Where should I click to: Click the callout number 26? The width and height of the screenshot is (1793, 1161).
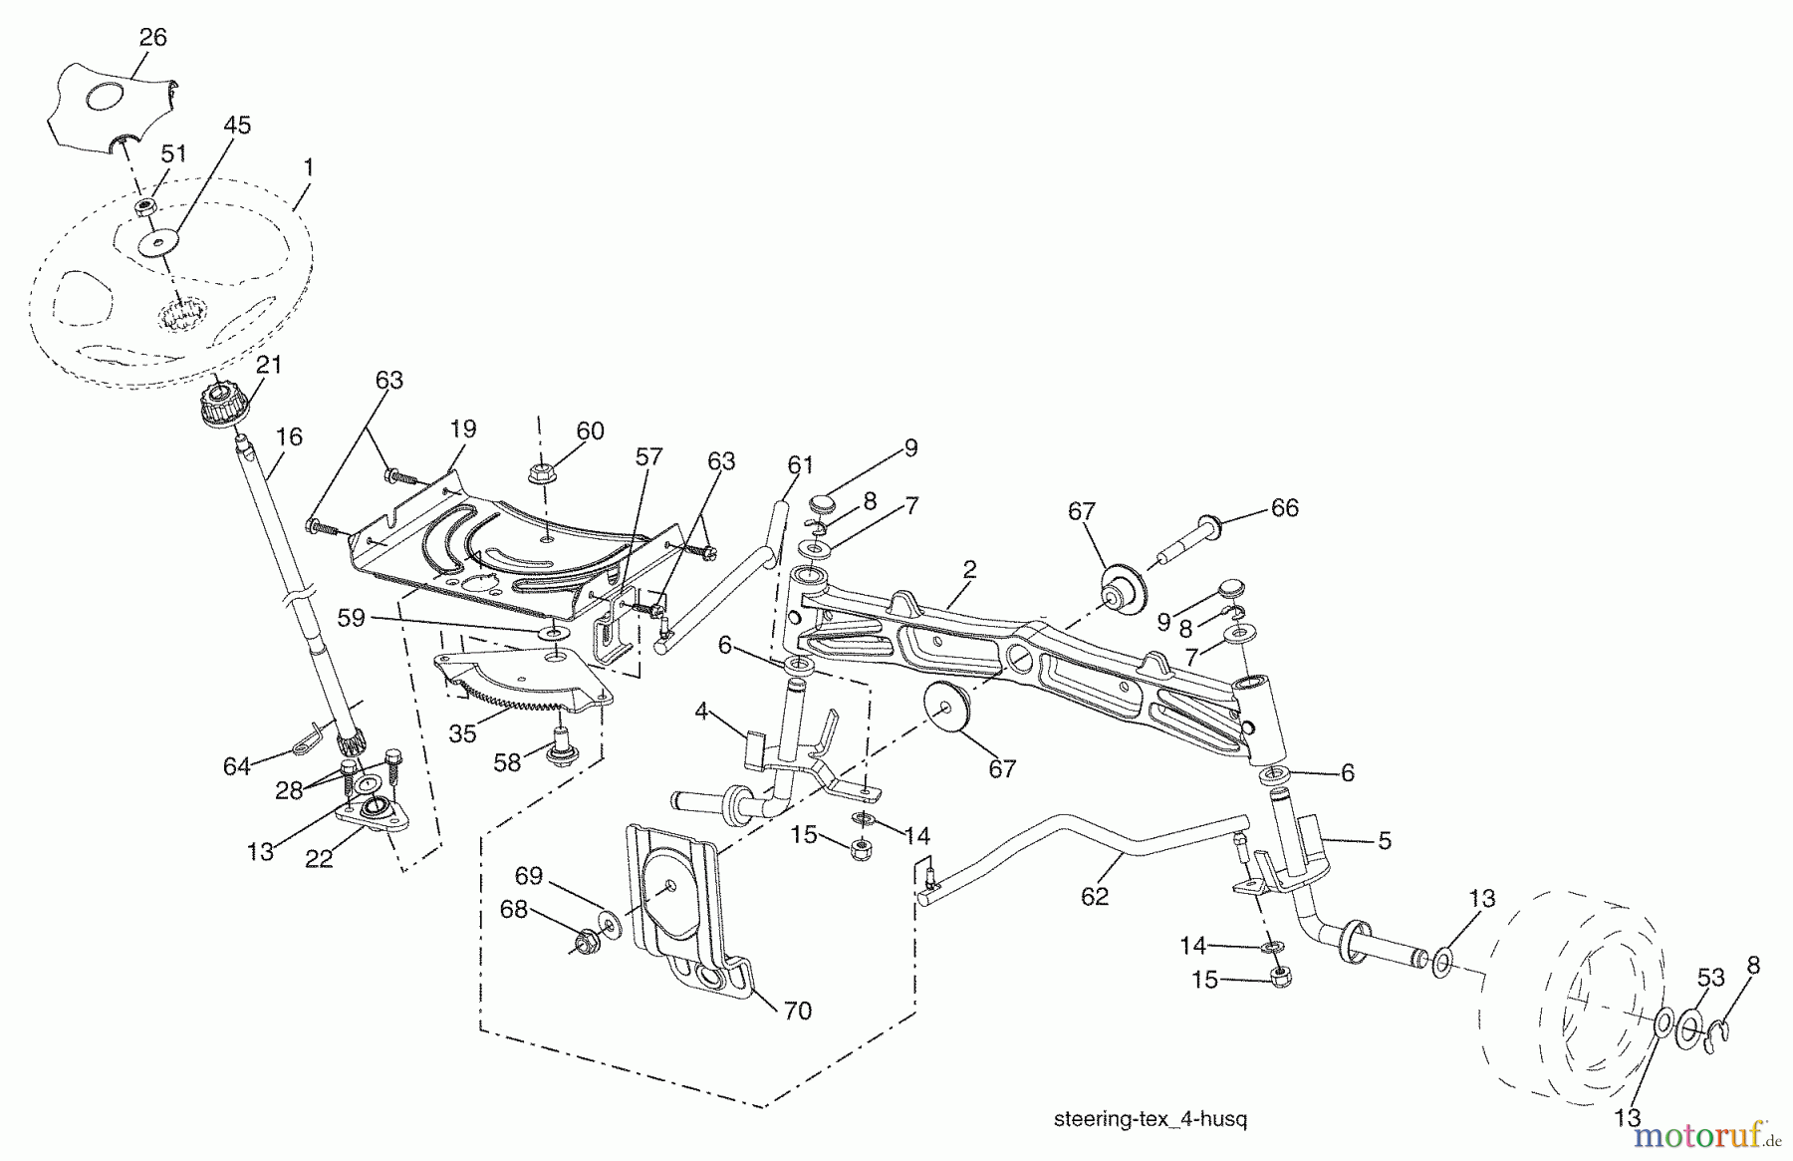pos(152,38)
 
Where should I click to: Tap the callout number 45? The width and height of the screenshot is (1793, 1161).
pos(236,126)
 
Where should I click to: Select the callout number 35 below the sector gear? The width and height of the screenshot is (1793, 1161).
pos(462,735)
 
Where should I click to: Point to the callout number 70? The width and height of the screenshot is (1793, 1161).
pos(797,1012)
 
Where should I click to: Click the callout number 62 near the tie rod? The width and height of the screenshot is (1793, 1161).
pos(1095,897)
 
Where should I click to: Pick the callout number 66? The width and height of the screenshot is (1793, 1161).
pos(1285,508)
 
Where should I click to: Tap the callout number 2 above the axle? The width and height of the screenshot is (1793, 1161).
pos(969,570)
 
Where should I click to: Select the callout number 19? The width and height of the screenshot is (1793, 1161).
pos(462,430)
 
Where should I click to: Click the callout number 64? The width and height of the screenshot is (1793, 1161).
pos(236,765)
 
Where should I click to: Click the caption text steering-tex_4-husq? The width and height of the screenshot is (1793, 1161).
pos(1150,1119)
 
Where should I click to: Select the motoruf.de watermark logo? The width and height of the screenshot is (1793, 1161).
pos(1707,1136)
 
